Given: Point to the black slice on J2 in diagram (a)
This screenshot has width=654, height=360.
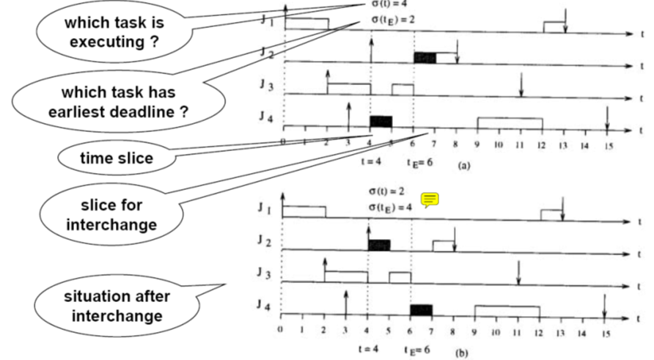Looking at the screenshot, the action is pyautogui.click(x=425, y=58).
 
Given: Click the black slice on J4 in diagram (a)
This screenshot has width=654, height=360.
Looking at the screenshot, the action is pyautogui.click(x=381, y=122).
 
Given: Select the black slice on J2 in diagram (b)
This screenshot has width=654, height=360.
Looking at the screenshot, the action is pyautogui.click(x=378, y=245).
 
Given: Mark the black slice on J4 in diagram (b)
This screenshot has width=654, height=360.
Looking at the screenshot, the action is pyautogui.click(x=421, y=309).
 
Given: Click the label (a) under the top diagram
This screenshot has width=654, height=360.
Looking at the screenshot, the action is pyautogui.click(x=463, y=166).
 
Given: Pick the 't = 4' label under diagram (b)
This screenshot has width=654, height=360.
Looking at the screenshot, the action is pyautogui.click(x=368, y=348).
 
